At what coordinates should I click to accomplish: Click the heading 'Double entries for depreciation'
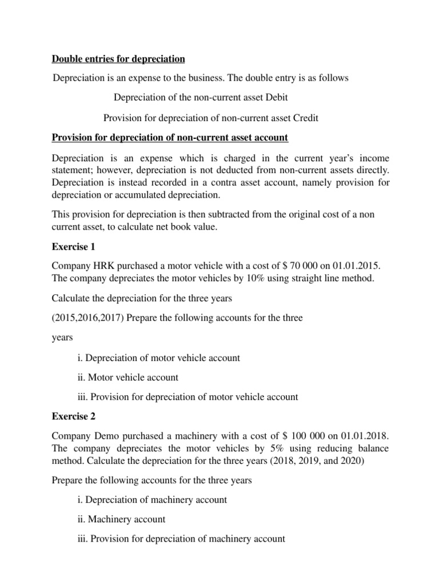pyautogui.click(x=118, y=58)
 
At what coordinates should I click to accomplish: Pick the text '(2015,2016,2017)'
pyautogui.click(x=86, y=318)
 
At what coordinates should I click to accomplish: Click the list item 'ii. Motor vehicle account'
pyautogui.click(x=127, y=377)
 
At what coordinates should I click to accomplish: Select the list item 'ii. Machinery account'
pyautogui.click(x=121, y=519)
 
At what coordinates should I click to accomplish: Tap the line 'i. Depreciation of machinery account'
pyautogui.click(x=151, y=499)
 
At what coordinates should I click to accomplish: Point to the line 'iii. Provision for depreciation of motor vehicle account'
pyautogui.click(x=187, y=396)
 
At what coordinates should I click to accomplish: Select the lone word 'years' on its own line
pyautogui.click(x=63, y=338)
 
